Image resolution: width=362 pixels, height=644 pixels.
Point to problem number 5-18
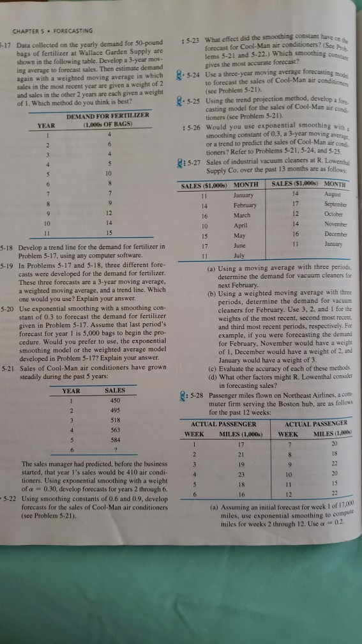click(x=9, y=245)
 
